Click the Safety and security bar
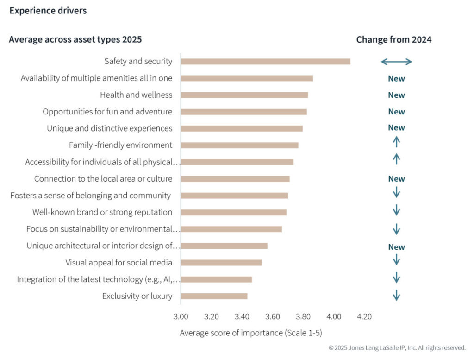coord(265,62)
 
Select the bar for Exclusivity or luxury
coord(214,296)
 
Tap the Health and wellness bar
coord(244,95)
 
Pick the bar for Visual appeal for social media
coord(221,263)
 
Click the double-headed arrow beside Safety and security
coord(396,62)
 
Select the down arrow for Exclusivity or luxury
coord(396,295)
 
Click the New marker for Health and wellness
coord(396,95)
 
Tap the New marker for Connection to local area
coord(396,179)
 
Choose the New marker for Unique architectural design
coord(396,247)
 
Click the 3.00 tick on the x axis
coord(181,317)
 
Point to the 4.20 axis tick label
coord(364,317)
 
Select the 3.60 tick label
coord(273,317)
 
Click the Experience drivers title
coord(48,11)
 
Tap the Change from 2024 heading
coord(393,40)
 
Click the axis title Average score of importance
coord(250,333)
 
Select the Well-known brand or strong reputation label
coord(102,212)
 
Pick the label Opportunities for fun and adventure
coord(107,112)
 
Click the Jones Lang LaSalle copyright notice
coord(397,347)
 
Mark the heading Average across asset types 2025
coord(75,40)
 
